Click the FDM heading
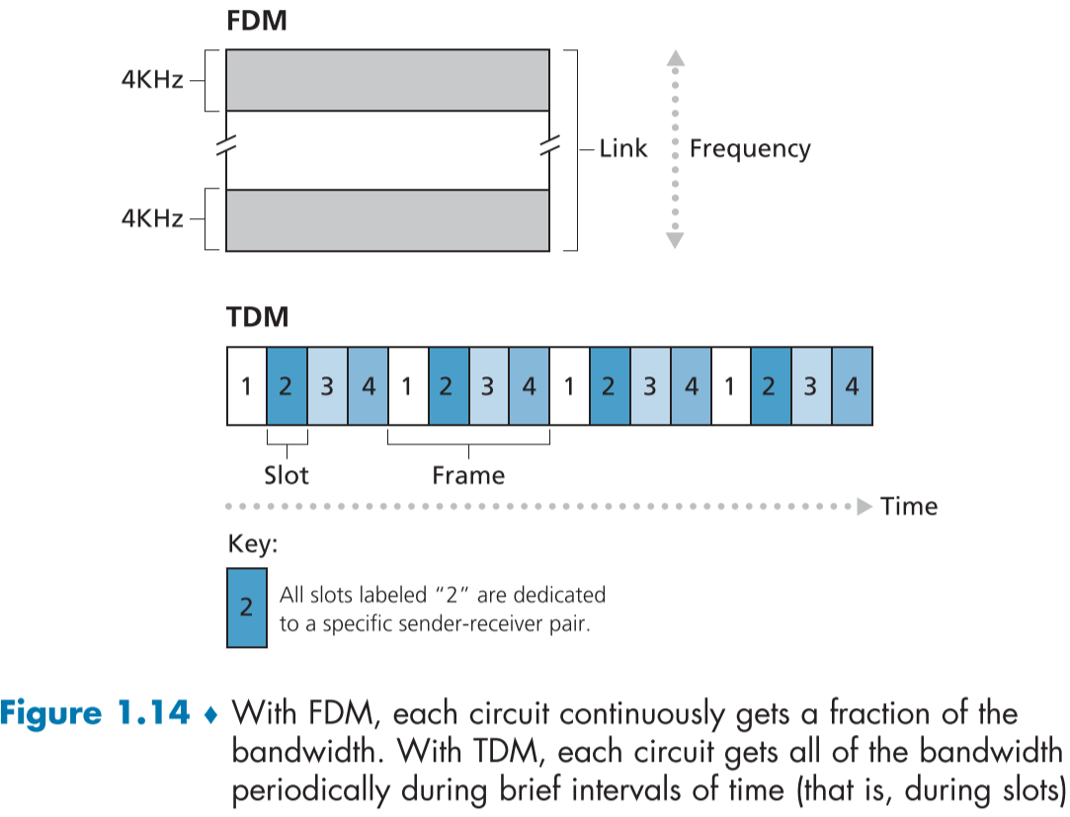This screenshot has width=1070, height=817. [x=257, y=21]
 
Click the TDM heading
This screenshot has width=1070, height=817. [x=258, y=317]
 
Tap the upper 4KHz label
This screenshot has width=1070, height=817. [x=152, y=80]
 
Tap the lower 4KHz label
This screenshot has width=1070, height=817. [x=152, y=218]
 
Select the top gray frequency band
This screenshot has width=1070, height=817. [x=387, y=80]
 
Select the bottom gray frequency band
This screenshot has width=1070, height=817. [x=387, y=219]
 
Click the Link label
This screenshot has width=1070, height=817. [x=623, y=149]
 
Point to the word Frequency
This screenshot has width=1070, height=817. [x=750, y=149]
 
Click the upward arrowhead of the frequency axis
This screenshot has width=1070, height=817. [x=675, y=59]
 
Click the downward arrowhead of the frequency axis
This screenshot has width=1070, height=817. [x=675, y=240]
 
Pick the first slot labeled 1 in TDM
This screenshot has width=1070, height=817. [x=246, y=385]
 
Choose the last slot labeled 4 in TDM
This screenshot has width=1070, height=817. [x=852, y=385]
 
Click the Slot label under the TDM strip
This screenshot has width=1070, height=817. [x=287, y=475]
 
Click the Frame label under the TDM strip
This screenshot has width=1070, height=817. [x=468, y=475]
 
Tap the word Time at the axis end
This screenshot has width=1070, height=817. [x=909, y=507]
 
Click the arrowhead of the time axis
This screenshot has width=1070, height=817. [x=864, y=507]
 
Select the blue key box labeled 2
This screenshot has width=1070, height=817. [x=246, y=608]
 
